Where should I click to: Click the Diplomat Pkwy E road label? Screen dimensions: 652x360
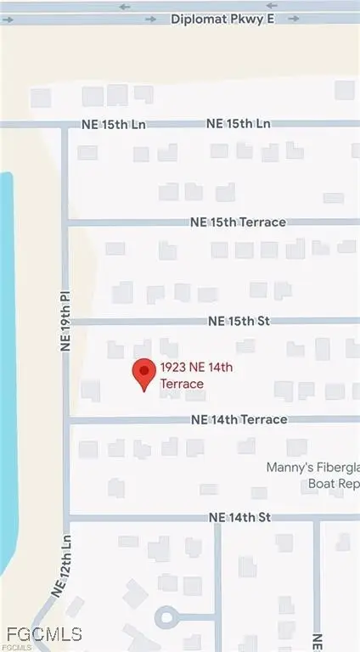pos(222,19)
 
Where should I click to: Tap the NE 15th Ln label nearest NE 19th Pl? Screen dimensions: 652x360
pos(114,124)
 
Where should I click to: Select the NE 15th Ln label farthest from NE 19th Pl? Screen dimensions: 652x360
pos(238,124)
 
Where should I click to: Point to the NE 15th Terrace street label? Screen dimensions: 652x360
pos(238,222)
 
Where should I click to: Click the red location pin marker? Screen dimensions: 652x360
pos(144,374)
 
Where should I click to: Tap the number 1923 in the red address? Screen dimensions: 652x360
pos(173,368)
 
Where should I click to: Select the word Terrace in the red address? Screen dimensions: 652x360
pos(182,384)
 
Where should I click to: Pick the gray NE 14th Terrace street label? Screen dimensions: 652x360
pos(239,419)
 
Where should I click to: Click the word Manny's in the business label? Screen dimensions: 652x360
pos(282,468)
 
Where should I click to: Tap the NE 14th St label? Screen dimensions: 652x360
pos(239,517)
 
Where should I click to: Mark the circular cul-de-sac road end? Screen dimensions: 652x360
pos(167,617)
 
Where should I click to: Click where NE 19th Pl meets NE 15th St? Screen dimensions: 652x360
pos(68,322)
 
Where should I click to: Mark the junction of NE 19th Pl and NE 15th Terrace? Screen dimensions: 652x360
pos(67,222)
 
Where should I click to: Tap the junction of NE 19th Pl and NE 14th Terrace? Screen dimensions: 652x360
pos(68,419)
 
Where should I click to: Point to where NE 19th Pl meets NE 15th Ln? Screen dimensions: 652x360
pos(65,125)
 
